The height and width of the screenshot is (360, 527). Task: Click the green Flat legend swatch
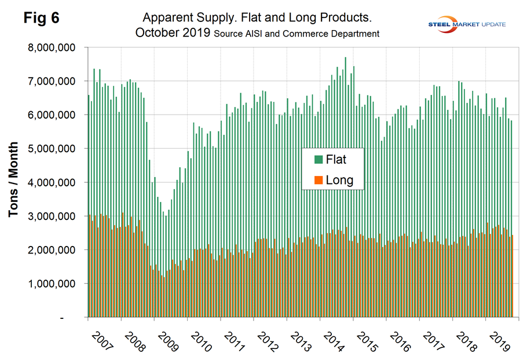[319, 159]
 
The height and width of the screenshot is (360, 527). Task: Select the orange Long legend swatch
[319, 181]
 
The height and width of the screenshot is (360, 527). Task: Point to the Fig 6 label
[41, 19]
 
